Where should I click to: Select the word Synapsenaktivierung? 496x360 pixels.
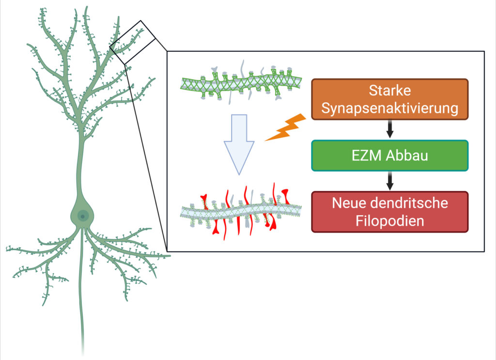(390, 108)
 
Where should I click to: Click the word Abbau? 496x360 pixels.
(405, 156)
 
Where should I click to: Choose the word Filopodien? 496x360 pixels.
(390, 221)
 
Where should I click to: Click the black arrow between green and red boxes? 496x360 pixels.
(390, 181)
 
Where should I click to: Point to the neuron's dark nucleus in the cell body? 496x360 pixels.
(83, 214)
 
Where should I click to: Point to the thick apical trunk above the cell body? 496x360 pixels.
(81, 165)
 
